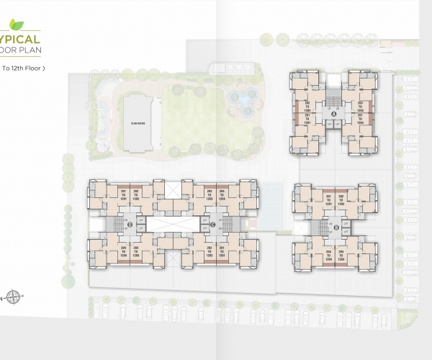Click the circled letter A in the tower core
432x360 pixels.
click(x=333, y=114)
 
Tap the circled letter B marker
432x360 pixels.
click(x=336, y=228)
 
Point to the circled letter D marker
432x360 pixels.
click(x=129, y=225)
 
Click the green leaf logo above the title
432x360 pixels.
click(x=6, y=32)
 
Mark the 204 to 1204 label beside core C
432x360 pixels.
click(x=222, y=194)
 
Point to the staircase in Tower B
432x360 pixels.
click(x=320, y=228)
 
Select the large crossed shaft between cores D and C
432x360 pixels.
click(x=174, y=190)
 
